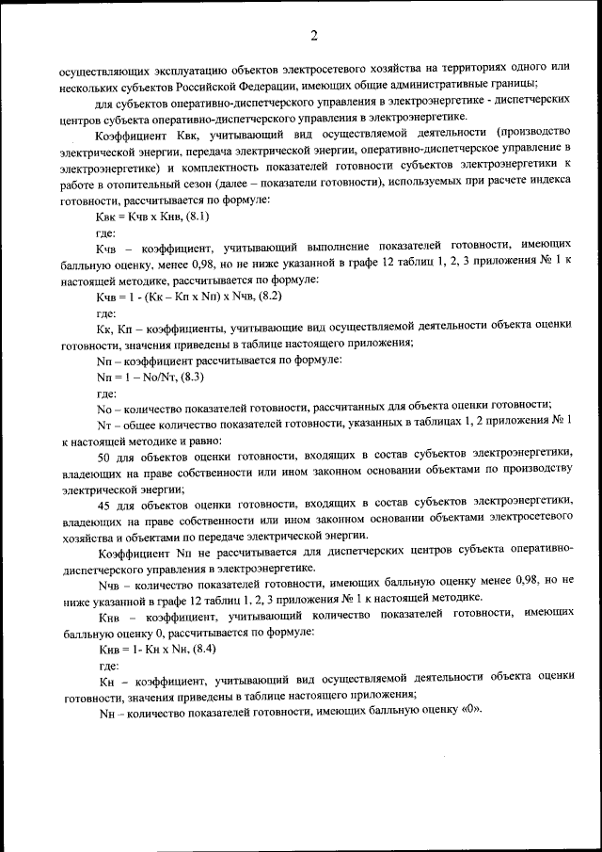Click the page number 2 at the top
314,36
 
